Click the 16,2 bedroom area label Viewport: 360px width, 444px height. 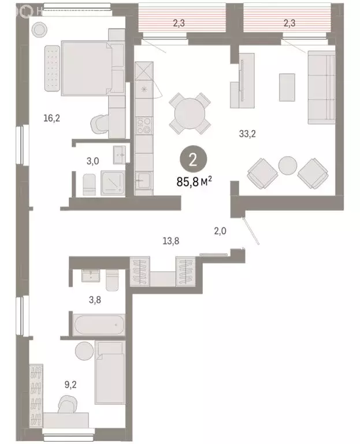(52, 119)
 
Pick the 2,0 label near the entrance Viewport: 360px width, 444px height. (220, 231)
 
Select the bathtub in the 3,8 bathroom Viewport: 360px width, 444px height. (99, 325)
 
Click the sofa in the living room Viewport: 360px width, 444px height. (321, 87)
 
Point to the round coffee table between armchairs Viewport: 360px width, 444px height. (287, 166)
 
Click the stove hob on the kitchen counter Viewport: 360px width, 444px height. (143, 126)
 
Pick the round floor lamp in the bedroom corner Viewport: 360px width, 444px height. (40, 29)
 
